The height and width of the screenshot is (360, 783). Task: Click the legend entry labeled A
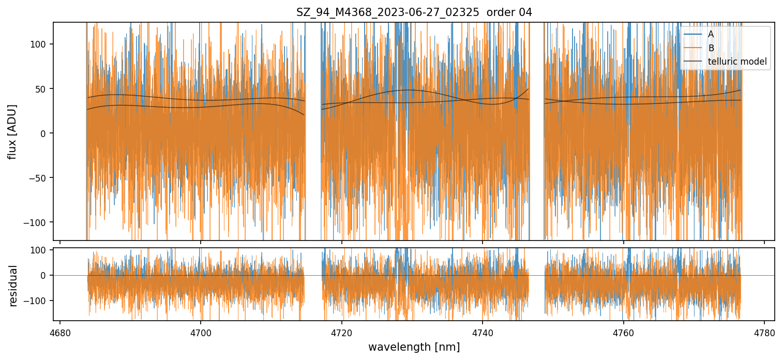(711, 34)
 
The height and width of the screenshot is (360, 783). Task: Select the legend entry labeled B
(711, 48)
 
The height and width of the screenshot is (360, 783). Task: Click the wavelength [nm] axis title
(414, 347)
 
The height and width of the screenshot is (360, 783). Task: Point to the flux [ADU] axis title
(12, 131)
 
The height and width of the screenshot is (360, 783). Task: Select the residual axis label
(13, 286)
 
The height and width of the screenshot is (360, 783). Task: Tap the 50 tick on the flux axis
(42, 89)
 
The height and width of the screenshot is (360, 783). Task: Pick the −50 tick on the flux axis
(40, 178)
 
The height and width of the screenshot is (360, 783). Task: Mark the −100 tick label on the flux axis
(38, 222)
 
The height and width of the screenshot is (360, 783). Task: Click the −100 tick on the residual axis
(38, 301)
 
